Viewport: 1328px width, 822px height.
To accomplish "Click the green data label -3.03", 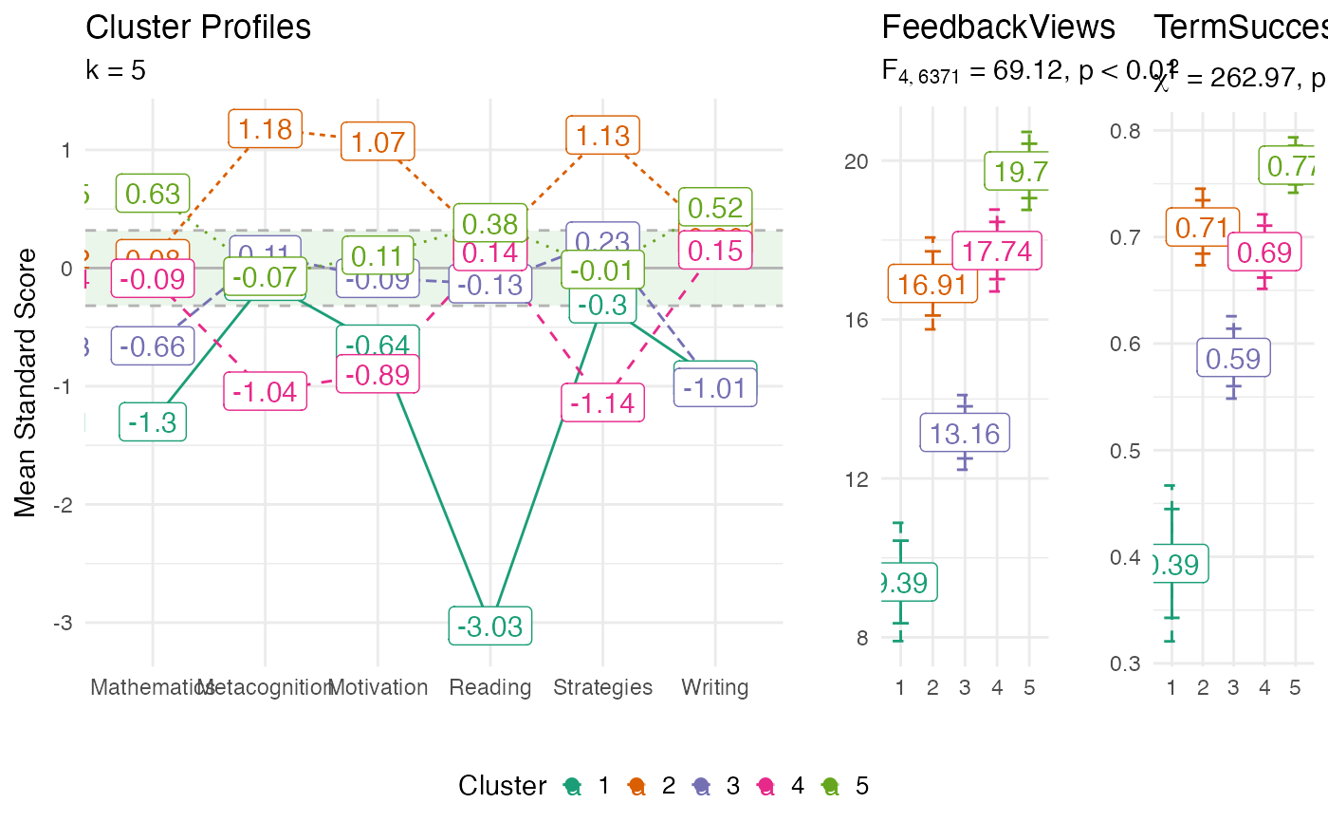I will pyautogui.click(x=489, y=627).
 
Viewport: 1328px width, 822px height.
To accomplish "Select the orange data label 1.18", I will pyautogui.click(x=265, y=128).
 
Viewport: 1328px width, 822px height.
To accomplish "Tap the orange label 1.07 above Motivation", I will pyautogui.click(x=378, y=142).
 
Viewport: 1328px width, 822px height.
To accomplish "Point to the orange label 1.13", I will pyautogui.click(x=603, y=136).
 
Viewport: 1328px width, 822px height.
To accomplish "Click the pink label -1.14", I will pyautogui.click(x=602, y=402).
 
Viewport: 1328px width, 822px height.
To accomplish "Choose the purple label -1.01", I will pyautogui.click(x=715, y=388).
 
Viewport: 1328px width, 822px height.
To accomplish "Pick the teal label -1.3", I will pyautogui.click(x=153, y=422).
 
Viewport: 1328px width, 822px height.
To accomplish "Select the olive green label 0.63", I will pyautogui.click(x=153, y=194).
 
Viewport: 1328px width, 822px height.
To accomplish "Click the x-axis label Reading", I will pyautogui.click(x=490, y=687).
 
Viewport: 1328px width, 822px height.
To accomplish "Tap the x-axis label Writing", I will pyautogui.click(x=715, y=687).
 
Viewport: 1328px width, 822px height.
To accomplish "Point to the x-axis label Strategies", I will pyautogui.click(x=603, y=687).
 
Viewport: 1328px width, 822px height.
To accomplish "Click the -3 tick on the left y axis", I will pyautogui.click(x=65, y=623).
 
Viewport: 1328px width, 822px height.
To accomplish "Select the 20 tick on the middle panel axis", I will pyautogui.click(x=857, y=160).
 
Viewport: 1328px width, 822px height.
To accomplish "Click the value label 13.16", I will pyautogui.click(x=965, y=434).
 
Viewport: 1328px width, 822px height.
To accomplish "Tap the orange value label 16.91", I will pyautogui.click(x=932, y=284).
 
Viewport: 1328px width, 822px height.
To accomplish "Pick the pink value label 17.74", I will pyautogui.click(x=997, y=252).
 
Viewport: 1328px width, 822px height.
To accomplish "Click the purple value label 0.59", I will pyautogui.click(x=1233, y=359).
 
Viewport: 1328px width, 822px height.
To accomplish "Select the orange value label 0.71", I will pyautogui.click(x=1202, y=228).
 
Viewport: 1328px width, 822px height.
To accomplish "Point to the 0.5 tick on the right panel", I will pyautogui.click(x=1125, y=450).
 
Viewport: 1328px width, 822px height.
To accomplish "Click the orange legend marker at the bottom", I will pyautogui.click(x=637, y=786).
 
